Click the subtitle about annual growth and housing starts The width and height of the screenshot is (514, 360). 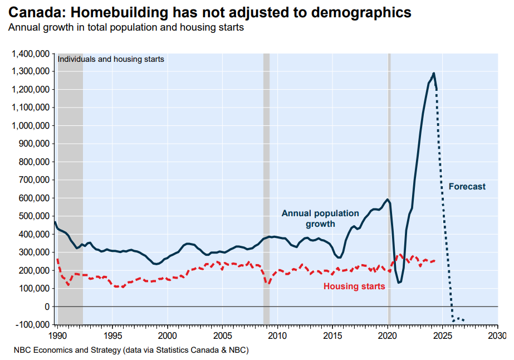(126, 27)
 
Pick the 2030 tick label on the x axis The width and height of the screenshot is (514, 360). (497, 337)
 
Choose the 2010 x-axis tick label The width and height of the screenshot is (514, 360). (277, 337)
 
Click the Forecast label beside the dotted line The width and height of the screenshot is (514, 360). (467, 187)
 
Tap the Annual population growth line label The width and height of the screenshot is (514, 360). (320, 218)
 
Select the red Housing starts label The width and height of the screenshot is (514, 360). (354, 286)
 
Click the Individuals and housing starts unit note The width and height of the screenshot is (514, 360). (111, 59)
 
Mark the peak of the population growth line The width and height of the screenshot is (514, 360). (434, 74)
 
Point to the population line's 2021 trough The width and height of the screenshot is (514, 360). (399, 283)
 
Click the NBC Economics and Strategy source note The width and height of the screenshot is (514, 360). (131, 351)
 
